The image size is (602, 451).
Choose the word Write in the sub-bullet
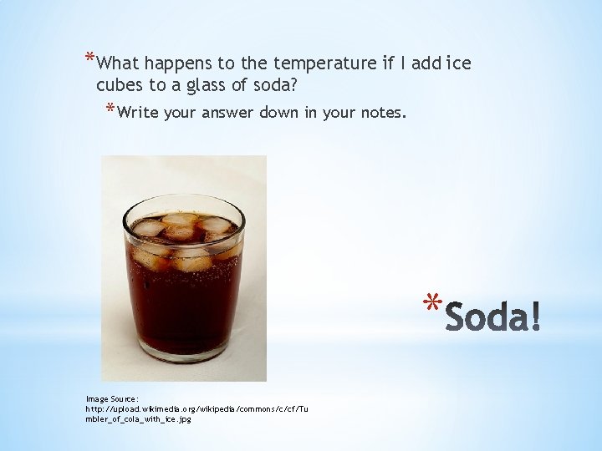(x=139, y=112)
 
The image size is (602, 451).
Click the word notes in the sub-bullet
(x=380, y=112)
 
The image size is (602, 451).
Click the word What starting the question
(x=119, y=63)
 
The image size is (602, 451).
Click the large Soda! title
(x=492, y=317)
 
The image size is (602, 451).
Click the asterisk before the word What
(x=89, y=58)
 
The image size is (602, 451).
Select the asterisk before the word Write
(x=110, y=109)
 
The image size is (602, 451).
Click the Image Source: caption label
(x=112, y=399)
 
